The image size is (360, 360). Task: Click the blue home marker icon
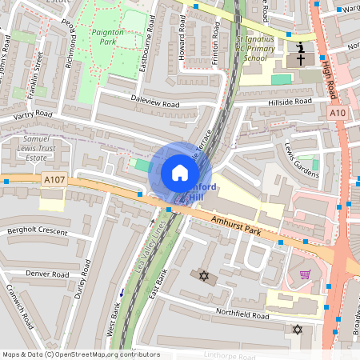(x=180, y=173)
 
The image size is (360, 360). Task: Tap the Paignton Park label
(x=107, y=36)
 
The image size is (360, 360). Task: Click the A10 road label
(x=337, y=114)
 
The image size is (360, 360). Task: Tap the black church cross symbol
(x=301, y=59)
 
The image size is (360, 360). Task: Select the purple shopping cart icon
(x=305, y=274)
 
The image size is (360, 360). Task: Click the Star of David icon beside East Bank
(x=203, y=276)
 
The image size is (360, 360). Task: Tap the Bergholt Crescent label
(x=37, y=230)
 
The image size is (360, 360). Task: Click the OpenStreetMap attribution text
(x=80, y=354)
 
